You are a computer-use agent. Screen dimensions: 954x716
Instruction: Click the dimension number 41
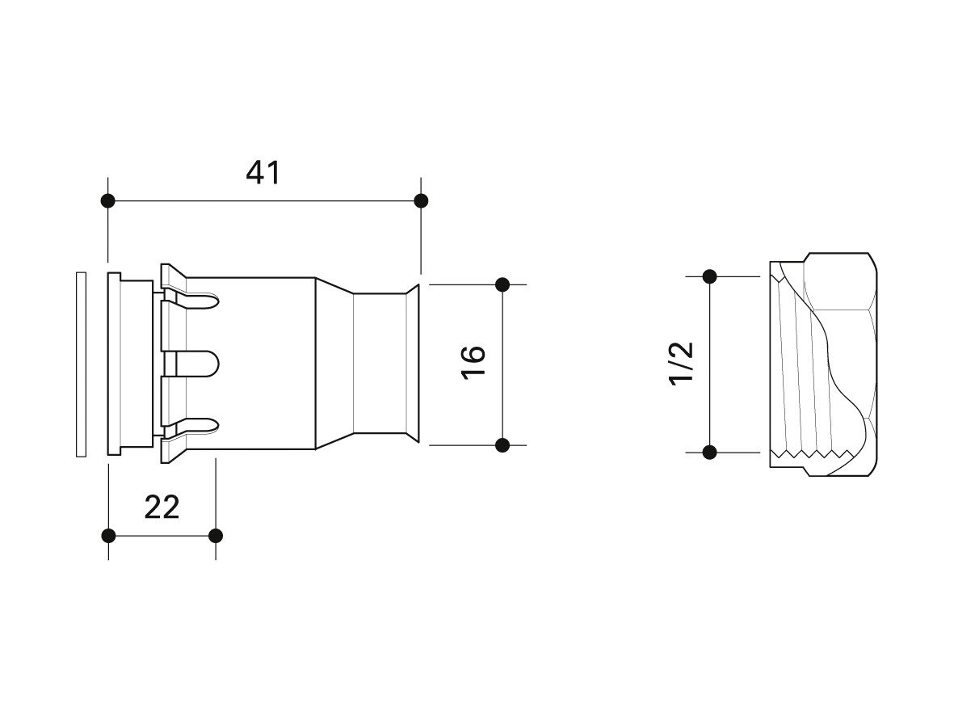tap(263, 173)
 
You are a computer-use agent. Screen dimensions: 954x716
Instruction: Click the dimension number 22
tap(162, 508)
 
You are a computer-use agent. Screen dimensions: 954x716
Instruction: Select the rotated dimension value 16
tap(473, 362)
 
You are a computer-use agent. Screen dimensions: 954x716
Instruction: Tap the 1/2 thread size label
tap(681, 363)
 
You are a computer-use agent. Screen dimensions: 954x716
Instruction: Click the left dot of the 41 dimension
tap(108, 200)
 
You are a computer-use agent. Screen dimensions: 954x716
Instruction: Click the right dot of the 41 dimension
tap(420, 200)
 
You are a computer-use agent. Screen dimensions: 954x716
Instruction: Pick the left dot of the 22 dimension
tap(108, 536)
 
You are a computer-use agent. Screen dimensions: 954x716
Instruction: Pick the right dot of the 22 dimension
tap(216, 536)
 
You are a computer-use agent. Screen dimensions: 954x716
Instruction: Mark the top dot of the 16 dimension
tap(502, 284)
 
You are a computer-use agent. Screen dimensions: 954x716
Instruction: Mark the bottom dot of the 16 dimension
tap(502, 445)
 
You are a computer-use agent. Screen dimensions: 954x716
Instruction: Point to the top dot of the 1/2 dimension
tap(709, 276)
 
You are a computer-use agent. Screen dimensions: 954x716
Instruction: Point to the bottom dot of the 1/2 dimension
tap(709, 453)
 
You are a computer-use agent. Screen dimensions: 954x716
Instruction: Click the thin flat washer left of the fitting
tap(81, 364)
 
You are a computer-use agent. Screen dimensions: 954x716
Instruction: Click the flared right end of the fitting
tap(413, 364)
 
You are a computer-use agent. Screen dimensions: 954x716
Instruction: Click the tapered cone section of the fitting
tap(334, 364)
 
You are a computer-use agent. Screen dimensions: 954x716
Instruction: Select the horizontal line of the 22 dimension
tap(162, 536)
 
